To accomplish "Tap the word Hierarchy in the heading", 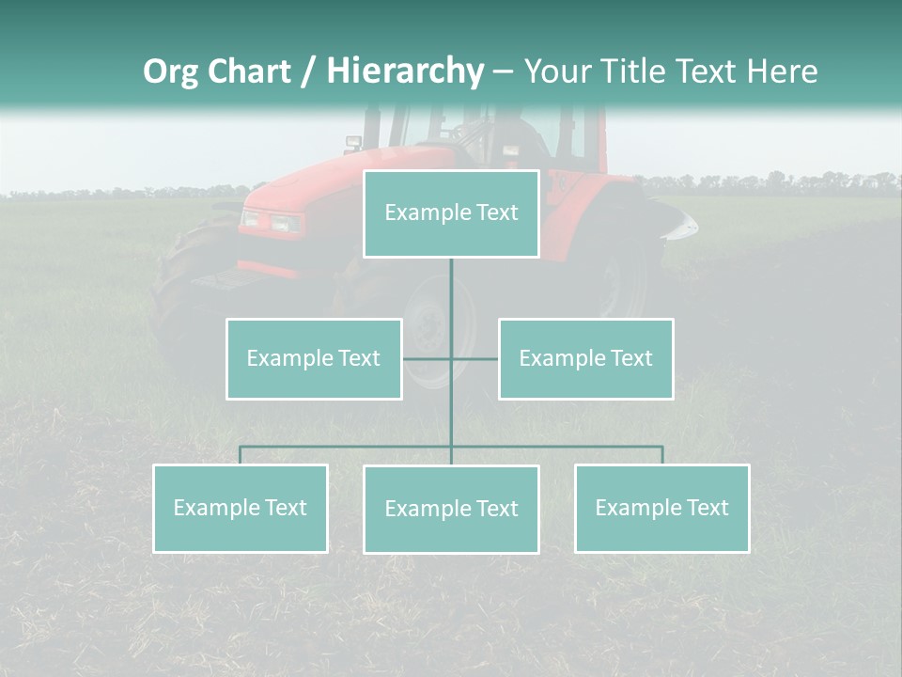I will point(404,71).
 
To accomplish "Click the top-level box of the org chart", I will point(451,213).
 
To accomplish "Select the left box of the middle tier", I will point(314,358).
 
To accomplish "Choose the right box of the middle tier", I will point(585,358).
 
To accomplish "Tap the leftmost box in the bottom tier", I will point(240,508).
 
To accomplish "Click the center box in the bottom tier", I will point(451,509).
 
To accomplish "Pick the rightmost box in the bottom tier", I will point(661,508).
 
